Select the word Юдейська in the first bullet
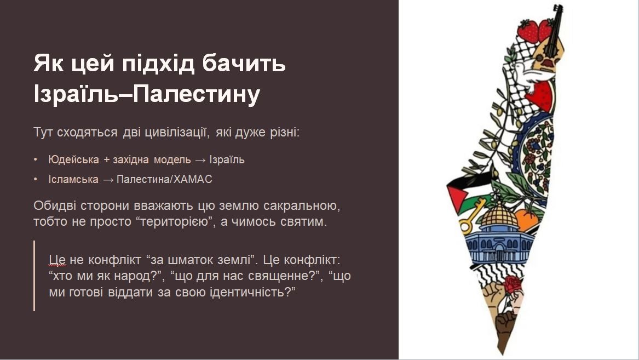(x=73, y=159)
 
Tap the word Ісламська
(x=73, y=179)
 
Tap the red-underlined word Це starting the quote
(x=57, y=260)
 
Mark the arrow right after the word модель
(x=200, y=160)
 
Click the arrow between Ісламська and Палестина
(x=107, y=180)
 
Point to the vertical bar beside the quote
(x=34, y=276)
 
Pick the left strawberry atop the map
(x=528, y=31)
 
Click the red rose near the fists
(x=513, y=284)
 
